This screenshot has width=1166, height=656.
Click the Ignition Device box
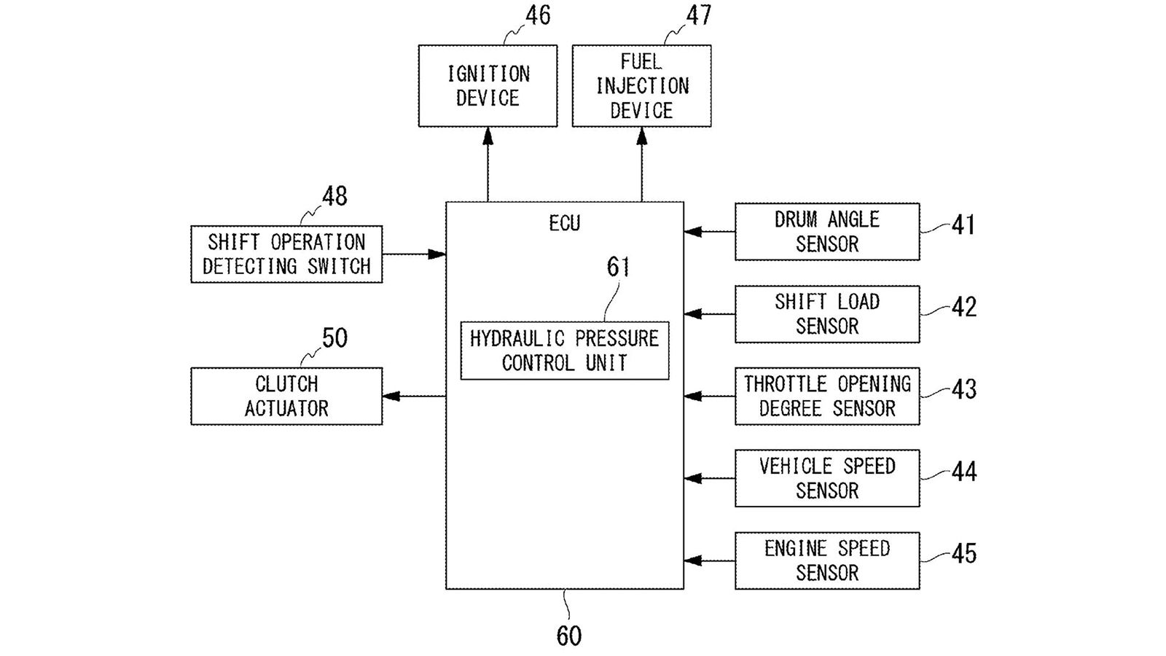[x=488, y=86]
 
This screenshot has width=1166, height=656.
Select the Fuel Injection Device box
[x=641, y=86]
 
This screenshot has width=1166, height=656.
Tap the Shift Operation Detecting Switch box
[x=286, y=254]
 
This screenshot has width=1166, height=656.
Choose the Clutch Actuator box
[x=286, y=396]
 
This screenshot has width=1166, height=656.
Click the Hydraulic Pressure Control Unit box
[x=564, y=351]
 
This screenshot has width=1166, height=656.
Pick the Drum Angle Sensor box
[x=826, y=232]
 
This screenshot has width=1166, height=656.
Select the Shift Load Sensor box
[x=826, y=314]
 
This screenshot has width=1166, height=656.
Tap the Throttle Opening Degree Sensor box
[x=826, y=396]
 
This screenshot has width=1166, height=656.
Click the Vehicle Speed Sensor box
[x=826, y=478]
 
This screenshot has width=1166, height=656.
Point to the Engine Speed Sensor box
[x=826, y=561]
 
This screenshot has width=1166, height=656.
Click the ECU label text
[x=564, y=223]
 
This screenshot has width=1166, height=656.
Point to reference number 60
[x=569, y=636]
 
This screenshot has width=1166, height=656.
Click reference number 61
[x=618, y=267]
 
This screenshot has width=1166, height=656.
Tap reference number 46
[x=538, y=15]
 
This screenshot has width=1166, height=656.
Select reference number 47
[x=698, y=15]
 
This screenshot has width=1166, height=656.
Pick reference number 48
[x=334, y=196]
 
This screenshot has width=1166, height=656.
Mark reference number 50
[x=334, y=338]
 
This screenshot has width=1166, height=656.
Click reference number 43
[x=963, y=389]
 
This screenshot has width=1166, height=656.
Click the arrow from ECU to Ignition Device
[x=488, y=164]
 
